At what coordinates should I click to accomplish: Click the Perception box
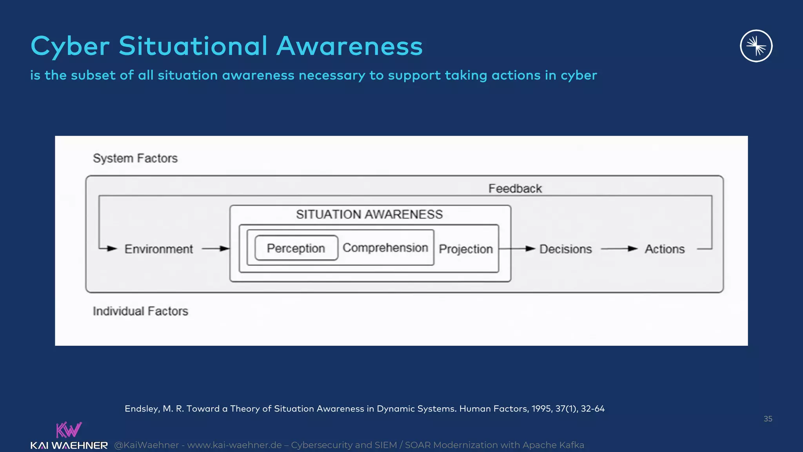tap(296, 248)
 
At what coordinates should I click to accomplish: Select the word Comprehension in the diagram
tap(385, 248)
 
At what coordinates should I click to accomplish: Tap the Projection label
tap(465, 249)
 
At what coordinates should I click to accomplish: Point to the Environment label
tap(158, 249)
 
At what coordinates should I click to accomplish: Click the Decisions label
tap(565, 249)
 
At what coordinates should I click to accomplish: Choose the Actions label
tap(665, 249)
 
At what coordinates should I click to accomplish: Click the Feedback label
tap(515, 189)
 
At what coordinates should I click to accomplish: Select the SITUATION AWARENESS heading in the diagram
tap(369, 215)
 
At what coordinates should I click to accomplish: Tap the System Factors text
tap(135, 159)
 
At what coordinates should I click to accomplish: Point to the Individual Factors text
tap(140, 311)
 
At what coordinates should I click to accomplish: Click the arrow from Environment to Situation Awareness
tap(216, 249)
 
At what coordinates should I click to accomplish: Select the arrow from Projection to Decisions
tap(518, 249)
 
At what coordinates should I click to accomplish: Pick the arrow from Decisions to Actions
tap(619, 249)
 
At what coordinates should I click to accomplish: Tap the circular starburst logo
tap(756, 46)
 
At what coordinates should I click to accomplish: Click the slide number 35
tap(768, 419)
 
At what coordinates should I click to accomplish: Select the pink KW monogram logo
tap(69, 430)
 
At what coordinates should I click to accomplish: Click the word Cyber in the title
tap(70, 46)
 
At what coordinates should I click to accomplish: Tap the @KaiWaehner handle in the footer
tap(146, 445)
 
